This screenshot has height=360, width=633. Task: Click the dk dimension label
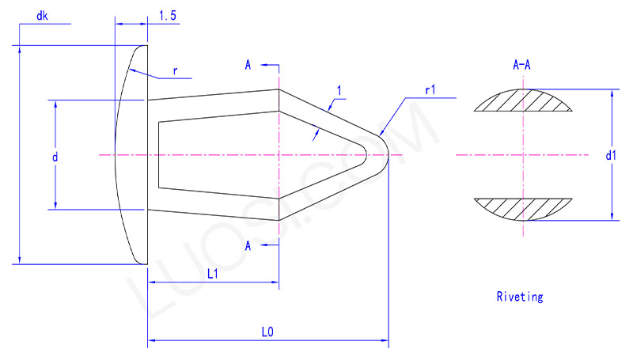point(43,16)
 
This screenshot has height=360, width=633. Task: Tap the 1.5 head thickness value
point(167,16)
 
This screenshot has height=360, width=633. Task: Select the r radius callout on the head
point(175,70)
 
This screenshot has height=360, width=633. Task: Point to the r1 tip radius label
point(430,90)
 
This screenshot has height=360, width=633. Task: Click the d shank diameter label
point(55,157)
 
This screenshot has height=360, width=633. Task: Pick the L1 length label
point(213,274)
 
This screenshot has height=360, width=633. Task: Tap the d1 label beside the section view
point(610,157)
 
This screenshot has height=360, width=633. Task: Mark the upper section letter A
point(248,65)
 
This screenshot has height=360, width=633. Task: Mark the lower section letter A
point(248,246)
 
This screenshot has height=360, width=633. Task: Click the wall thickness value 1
point(339,92)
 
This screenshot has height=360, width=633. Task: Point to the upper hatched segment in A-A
point(521,100)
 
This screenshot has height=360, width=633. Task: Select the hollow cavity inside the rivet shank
point(237,154)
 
